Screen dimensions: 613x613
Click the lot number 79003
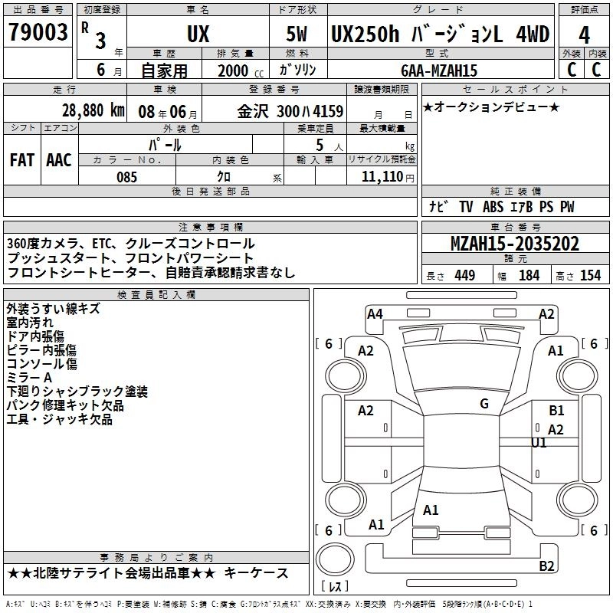click(x=38, y=32)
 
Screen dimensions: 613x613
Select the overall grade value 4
click(x=584, y=35)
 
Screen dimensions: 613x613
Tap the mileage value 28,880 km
click(x=93, y=110)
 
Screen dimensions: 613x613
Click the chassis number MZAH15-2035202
click(x=514, y=244)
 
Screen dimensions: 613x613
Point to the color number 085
click(x=126, y=177)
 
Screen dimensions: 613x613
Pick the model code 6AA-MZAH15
click(x=439, y=70)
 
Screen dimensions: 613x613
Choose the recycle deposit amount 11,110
click(x=382, y=177)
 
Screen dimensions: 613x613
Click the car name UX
click(x=198, y=34)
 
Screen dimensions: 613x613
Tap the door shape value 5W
click(x=297, y=34)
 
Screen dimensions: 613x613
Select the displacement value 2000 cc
click(x=241, y=70)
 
